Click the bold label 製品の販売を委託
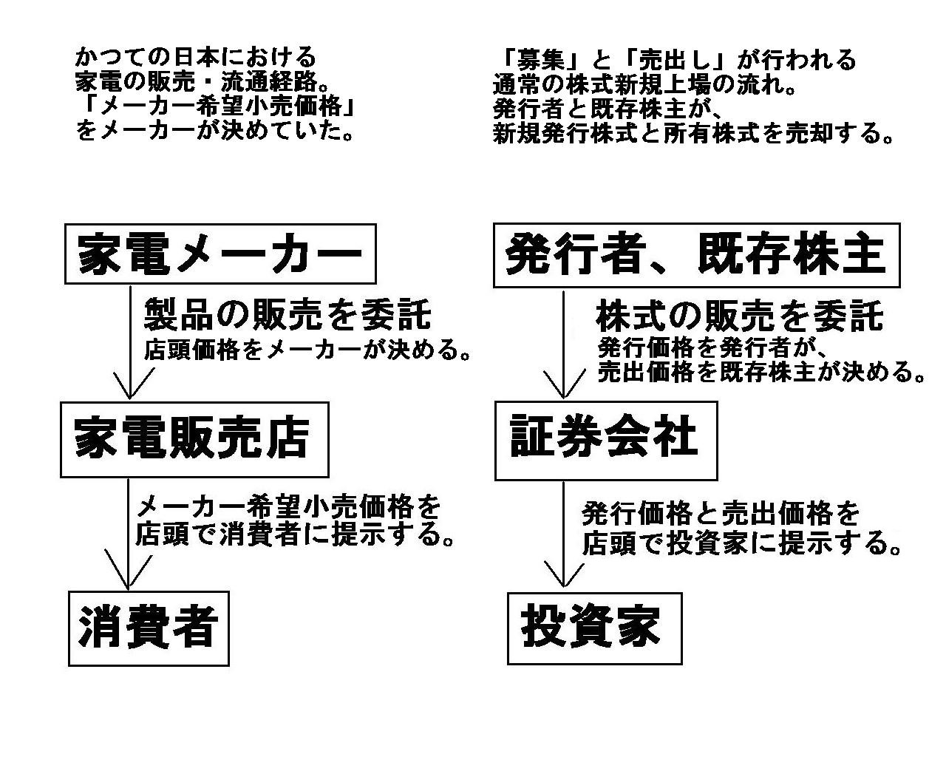click(x=287, y=314)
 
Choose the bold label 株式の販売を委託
click(x=739, y=316)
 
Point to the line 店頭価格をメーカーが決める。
click(x=307, y=350)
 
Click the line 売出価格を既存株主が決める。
click(x=761, y=372)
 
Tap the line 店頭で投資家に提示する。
click(x=742, y=543)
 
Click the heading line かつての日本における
click(x=196, y=57)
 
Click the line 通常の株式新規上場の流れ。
click(x=644, y=84)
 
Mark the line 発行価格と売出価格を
click(x=721, y=514)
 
